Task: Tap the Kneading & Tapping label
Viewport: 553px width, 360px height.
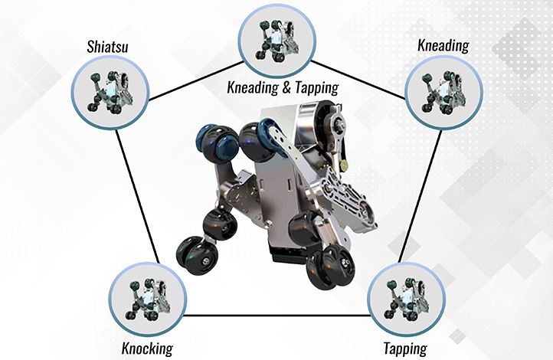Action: click(x=282, y=87)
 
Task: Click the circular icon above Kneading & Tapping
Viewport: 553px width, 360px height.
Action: click(x=276, y=39)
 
